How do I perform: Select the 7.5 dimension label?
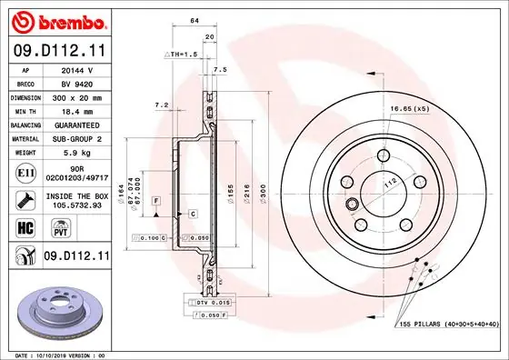click(x=219, y=69)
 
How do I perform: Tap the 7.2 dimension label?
click(x=163, y=106)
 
